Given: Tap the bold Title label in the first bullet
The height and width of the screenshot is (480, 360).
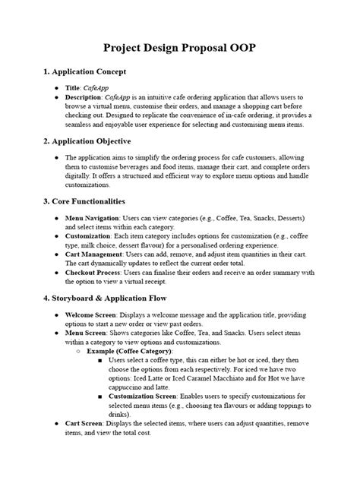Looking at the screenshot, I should (x=74, y=88).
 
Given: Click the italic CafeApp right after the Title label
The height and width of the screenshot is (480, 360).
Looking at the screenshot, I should (x=100, y=88).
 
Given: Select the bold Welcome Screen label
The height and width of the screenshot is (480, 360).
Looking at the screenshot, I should (x=91, y=314).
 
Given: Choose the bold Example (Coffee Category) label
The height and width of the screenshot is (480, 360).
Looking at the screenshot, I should (x=129, y=352).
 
